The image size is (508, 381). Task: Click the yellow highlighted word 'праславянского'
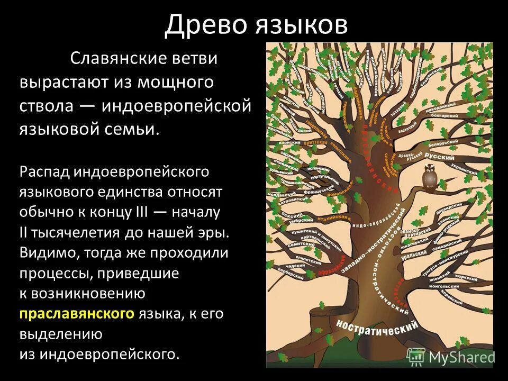[77, 314]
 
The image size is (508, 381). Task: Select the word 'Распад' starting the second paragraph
[45, 171]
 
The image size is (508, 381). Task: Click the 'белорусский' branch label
[448, 144]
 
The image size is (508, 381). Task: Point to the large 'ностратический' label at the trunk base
[374, 323]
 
